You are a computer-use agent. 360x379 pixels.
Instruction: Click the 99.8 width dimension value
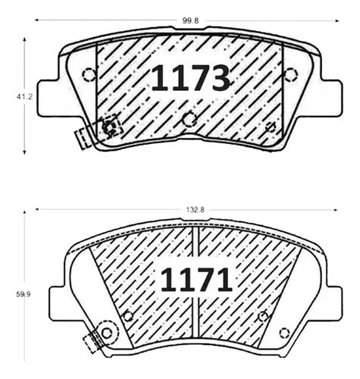coord(191,20)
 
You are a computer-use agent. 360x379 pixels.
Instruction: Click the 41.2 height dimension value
coord(24,96)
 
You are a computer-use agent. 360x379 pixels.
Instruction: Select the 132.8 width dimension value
coord(196,209)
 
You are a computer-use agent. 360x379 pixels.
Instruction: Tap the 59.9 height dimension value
coord(23,294)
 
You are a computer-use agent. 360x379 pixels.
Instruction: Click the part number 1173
coord(191,77)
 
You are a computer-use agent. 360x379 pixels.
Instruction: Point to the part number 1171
coord(196,280)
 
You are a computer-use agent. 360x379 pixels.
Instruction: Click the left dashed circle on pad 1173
coord(89,74)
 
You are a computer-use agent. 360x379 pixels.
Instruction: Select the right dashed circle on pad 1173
coord(290,74)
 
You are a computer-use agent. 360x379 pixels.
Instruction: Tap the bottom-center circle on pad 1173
coord(189,119)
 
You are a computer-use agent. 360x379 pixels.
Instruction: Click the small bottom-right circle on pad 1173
coord(271,127)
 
